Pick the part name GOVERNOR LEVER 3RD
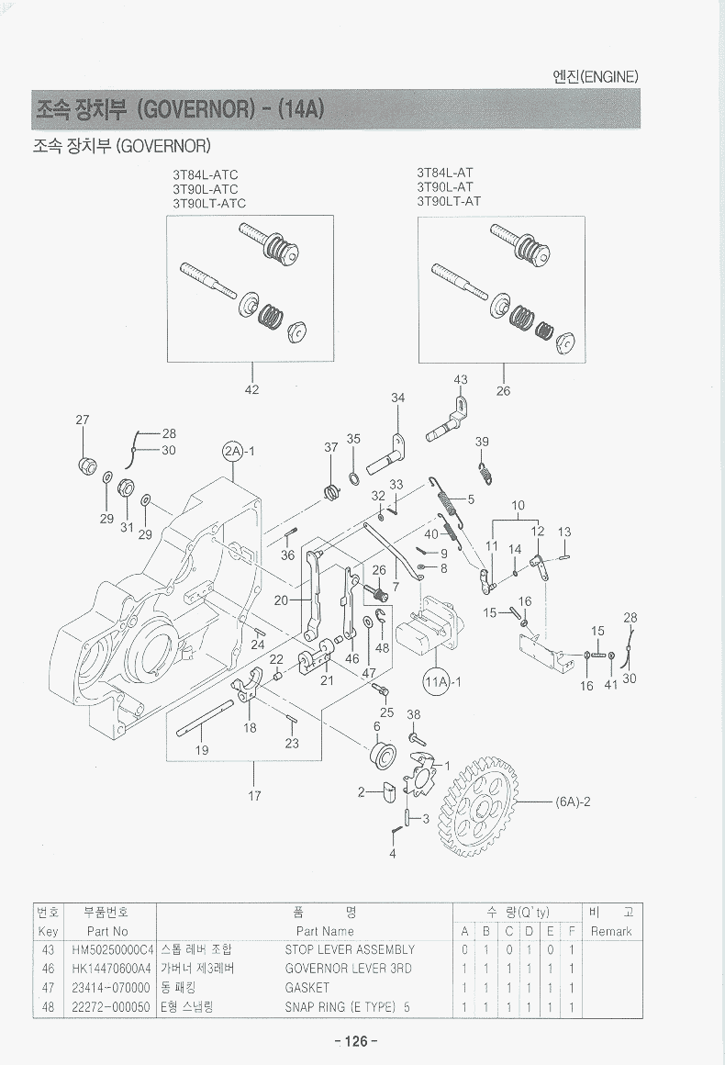(348, 969)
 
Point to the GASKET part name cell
(307, 988)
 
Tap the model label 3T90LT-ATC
(209, 203)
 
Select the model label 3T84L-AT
(445, 172)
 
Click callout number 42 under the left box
(251, 389)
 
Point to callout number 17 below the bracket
(254, 796)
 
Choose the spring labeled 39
(486, 473)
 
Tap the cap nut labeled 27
(86, 464)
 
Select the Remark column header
(611, 931)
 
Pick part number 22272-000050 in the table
(110, 1007)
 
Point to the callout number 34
(397, 398)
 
